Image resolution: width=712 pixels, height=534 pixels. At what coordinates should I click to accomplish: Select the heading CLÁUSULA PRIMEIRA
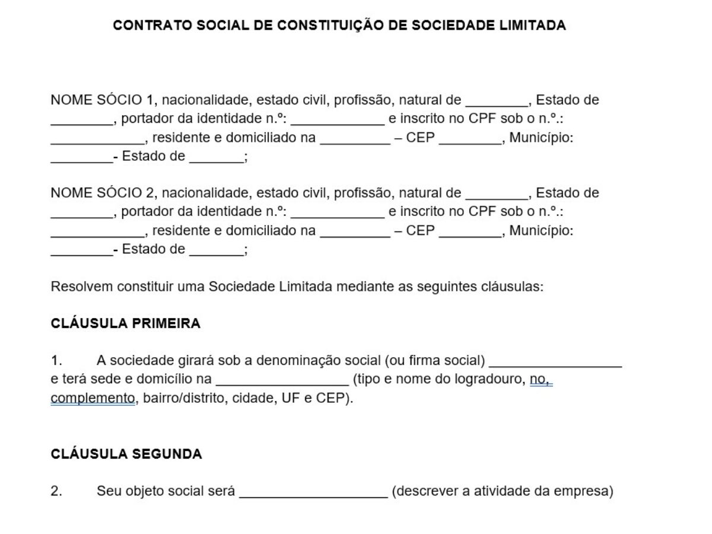126,323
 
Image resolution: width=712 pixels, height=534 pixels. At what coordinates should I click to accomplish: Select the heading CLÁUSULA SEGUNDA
126,454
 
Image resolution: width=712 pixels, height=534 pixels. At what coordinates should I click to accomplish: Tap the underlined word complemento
93,398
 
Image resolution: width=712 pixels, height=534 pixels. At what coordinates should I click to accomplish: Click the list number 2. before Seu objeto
56,491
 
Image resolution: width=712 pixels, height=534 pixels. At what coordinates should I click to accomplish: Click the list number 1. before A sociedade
56,361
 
